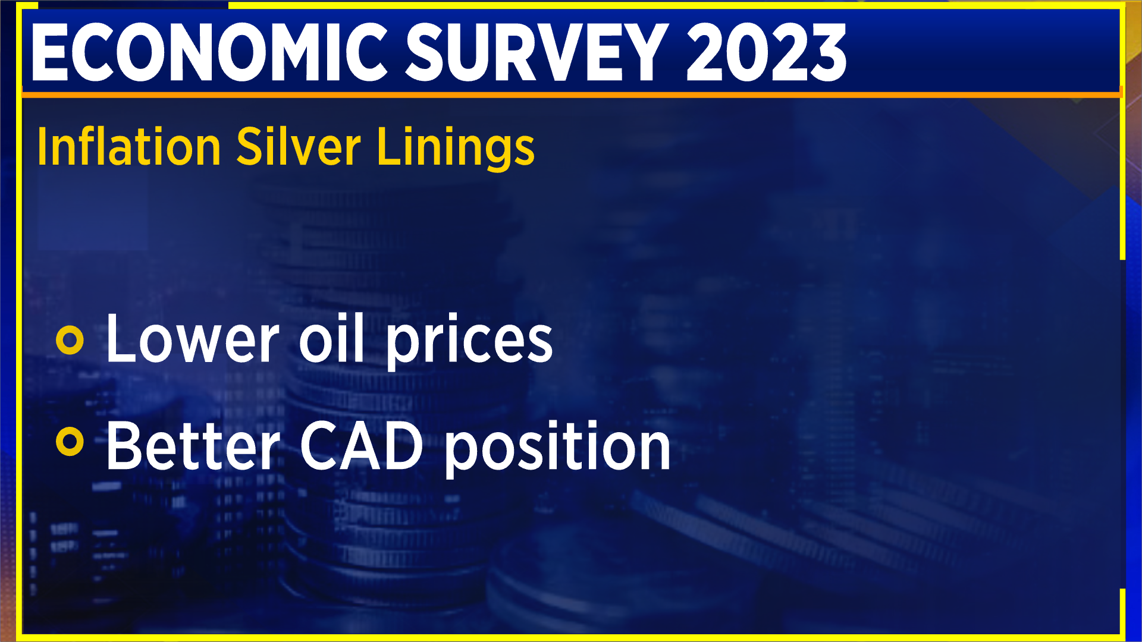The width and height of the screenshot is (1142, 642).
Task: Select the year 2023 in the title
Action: [766, 53]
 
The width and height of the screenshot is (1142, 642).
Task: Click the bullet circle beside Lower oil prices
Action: [70, 340]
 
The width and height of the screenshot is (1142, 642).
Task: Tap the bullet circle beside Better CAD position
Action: [70, 442]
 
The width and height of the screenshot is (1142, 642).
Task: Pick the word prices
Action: [469, 342]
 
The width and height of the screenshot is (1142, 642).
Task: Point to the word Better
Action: [192, 446]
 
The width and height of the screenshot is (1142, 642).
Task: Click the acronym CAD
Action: [361, 446]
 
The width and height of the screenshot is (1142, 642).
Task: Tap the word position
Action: [557, 449]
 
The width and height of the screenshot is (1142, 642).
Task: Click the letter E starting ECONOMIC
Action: [50, 53]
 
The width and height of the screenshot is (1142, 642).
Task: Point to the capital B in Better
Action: [123, 446]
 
